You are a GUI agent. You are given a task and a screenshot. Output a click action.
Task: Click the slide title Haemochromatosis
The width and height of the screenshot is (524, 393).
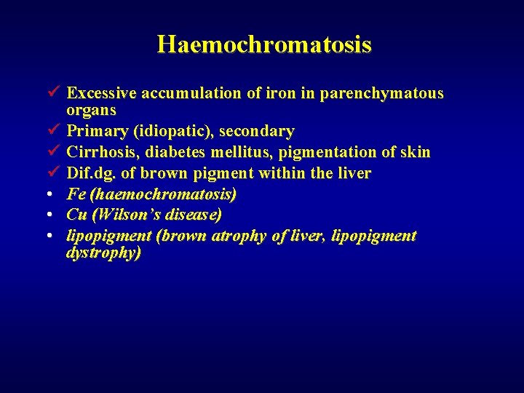(x=263, y=44)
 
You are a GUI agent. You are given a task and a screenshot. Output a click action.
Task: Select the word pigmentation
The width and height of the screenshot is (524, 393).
(x=338, y=152)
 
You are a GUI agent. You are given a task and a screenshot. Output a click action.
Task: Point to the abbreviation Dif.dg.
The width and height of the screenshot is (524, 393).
(x=90, y=173)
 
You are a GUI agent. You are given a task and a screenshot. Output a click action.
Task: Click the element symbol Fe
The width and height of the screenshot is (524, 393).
(x=75, y=194)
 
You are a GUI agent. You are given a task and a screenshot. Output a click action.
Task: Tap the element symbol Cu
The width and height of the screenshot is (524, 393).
(x=76, y=215)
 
